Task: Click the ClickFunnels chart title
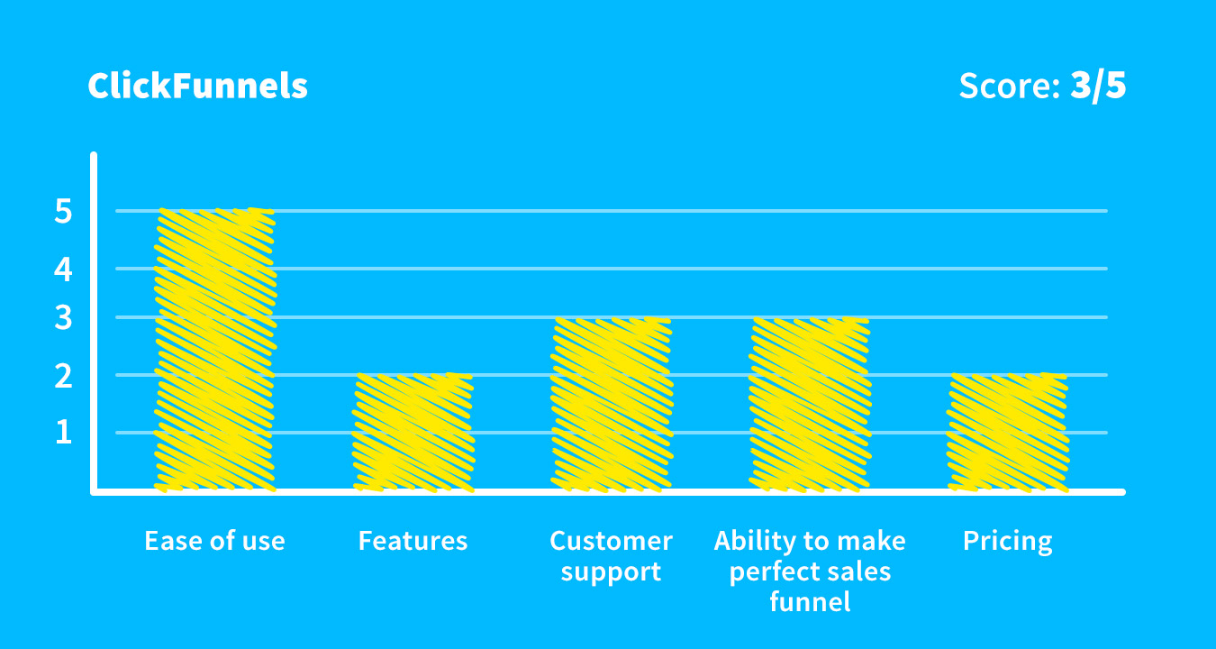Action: [197, 87]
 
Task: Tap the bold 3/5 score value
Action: [1098, 87]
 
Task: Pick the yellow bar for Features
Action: [413, 433]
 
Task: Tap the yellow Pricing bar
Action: [1007, 433]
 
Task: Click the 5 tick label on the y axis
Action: [63, 212]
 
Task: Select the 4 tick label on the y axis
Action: [63, 269]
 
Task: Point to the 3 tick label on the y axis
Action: [63, 318]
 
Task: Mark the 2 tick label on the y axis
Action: [63, 375]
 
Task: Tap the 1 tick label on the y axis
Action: [63, 433]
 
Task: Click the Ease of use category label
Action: [214, 541]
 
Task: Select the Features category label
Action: [413, 541]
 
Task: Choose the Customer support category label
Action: [611, 555]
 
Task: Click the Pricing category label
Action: [1007, 542]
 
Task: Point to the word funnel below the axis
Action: [810, 601]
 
